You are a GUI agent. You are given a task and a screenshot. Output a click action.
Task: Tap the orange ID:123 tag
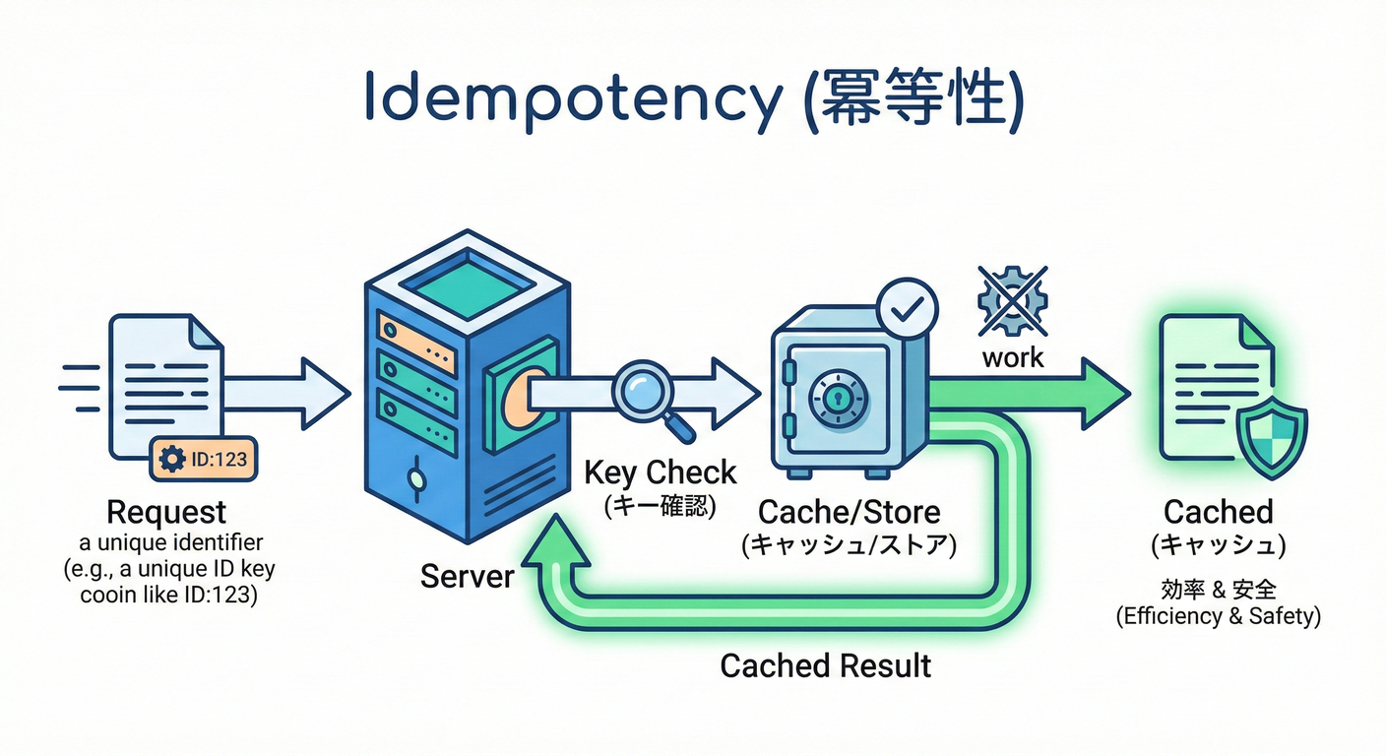204,459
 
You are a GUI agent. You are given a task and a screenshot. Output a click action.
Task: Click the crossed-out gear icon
1011,300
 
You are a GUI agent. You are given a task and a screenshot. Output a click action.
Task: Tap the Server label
467,575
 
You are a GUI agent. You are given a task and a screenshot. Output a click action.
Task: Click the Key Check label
660,472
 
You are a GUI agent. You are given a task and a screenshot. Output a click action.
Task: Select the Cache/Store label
849,512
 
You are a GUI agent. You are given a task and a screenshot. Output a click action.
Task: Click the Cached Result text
825,665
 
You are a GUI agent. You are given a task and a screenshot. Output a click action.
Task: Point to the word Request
165,512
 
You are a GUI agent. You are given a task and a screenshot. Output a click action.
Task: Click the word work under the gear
1012,356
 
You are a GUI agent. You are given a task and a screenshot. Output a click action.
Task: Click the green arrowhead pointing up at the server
556,546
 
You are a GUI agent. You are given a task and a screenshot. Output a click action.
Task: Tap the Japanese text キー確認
660,506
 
